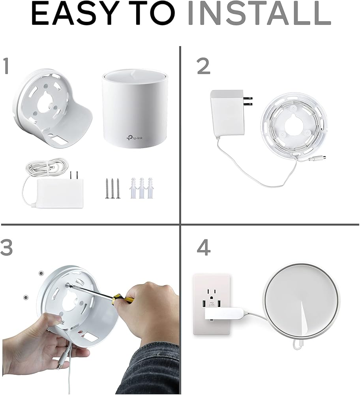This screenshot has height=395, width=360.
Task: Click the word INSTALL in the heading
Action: tap(259, 13)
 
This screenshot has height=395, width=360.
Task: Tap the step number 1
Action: tap(6, 66)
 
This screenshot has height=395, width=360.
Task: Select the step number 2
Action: tap(203, 66)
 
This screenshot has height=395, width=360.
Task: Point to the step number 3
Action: tap(6, 247)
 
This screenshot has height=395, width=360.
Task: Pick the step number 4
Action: tap(204, 247)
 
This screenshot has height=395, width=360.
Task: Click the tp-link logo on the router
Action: tap(135, 137)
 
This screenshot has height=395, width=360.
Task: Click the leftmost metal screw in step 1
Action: tap(107, 188)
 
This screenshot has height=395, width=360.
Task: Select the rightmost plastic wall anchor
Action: tap(150, 188)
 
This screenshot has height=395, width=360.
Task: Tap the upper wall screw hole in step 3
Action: tap(41, 273)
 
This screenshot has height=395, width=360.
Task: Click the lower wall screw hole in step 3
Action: tap(26, 297)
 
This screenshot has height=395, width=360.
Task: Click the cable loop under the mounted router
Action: tap(298, 344)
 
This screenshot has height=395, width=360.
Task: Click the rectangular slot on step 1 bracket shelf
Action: tap(56, 138)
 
